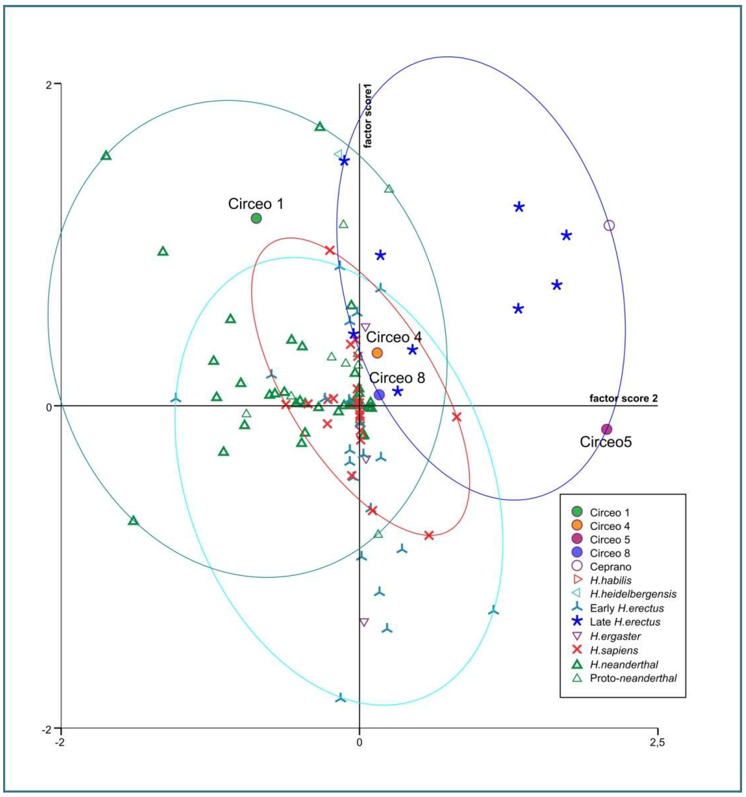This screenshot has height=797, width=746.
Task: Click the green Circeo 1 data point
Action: pyautogui.click(x=256, y=218)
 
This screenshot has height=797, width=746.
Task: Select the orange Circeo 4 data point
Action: pyautogui.click(x=377, y=353)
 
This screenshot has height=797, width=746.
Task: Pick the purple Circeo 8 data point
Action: pyautogui.click(x=379, y=395)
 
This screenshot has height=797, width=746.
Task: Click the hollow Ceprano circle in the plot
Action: pyautogui.click(x=609, y=225)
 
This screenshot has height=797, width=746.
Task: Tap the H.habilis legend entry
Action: pyautogui.click(x=610, y=580)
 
